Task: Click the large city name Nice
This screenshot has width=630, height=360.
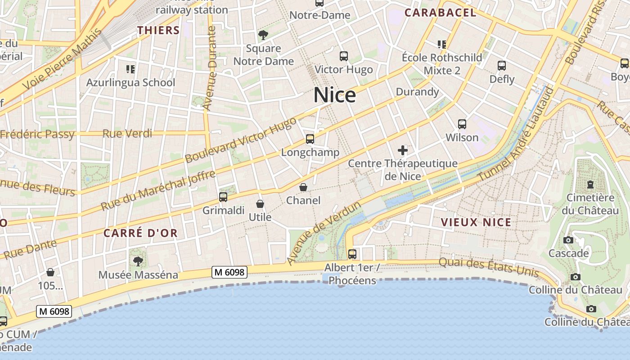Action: click(x=334, y=95)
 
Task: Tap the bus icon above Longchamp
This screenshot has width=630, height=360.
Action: click(x=310, y=139)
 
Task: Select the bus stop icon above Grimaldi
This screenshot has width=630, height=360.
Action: click(x=223, y=197)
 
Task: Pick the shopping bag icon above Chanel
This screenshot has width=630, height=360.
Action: click(x=303, y=187)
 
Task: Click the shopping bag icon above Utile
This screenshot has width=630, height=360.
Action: click(x=260, y=204)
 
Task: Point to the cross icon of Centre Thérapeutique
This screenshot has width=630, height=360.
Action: click(x=402, y=150)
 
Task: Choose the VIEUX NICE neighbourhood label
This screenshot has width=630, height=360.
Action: click(x=476, y=222)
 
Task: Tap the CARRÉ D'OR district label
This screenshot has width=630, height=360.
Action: click(x=140, y=233)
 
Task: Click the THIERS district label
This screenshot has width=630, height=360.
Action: click(x=158, y=30)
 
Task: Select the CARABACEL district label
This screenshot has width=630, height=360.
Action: click(x=440, y=13)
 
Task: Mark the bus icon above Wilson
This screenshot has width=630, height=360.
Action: click(x=462, y=124)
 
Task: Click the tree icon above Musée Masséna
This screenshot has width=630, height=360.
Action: click(x=138, y=261)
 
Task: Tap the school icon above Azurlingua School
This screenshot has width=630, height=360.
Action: click(x=130, y=69)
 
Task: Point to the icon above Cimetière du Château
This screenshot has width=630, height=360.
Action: click(x=590, y=184)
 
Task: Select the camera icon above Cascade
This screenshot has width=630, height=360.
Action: click(x=568, y=240)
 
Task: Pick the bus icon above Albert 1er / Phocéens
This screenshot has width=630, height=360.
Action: click(x=352, y=254)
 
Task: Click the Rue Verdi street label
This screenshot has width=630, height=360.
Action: click(x=127, y=134)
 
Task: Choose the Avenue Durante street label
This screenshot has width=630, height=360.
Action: click(x=210, y=67)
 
